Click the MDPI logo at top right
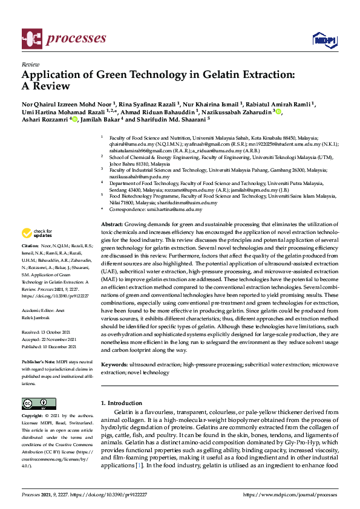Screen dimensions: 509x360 point(324,40)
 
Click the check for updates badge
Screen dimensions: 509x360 point(37,233)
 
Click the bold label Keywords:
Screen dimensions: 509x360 point(115,365)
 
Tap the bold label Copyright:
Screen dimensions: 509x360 point(34,417)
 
